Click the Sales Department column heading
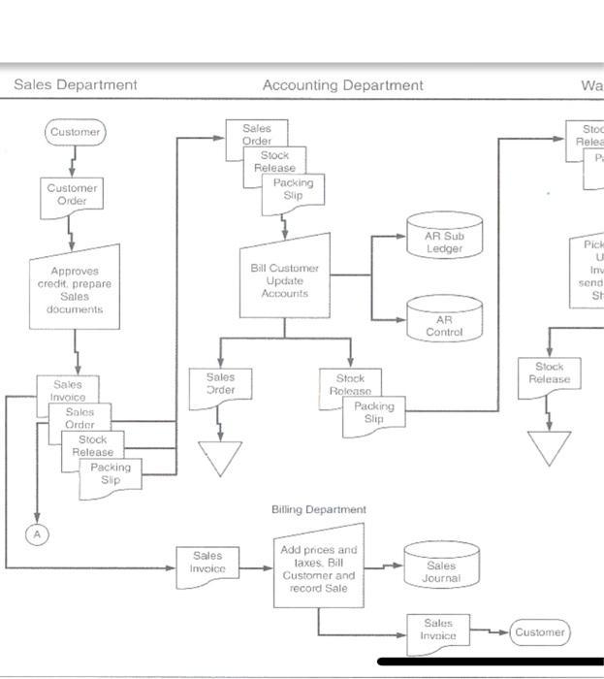[x=76, y=85]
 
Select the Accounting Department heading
[x=342, y=85]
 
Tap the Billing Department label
[x=318, y=509]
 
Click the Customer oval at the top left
[x=75, y=132]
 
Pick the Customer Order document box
[x=72, y=194]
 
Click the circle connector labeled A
[x=36, y=533]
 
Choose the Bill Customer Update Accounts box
[x=284, y=280]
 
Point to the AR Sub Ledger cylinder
[x=444, y=242]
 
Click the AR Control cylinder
[x=444, y=324]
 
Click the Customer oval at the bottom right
[x=539, y=632]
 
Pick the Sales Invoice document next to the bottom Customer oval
[x=437, y=630]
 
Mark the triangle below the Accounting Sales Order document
[x=221, y=456]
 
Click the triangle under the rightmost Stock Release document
[x=550, y=446]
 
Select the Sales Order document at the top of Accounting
[x=255, y=134]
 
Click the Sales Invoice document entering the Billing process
[x=207, y=563]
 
